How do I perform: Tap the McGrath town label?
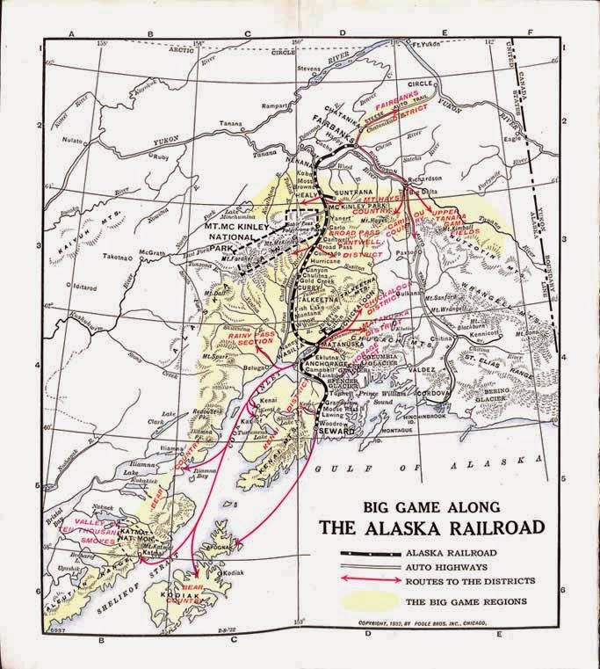click(151, 251)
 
